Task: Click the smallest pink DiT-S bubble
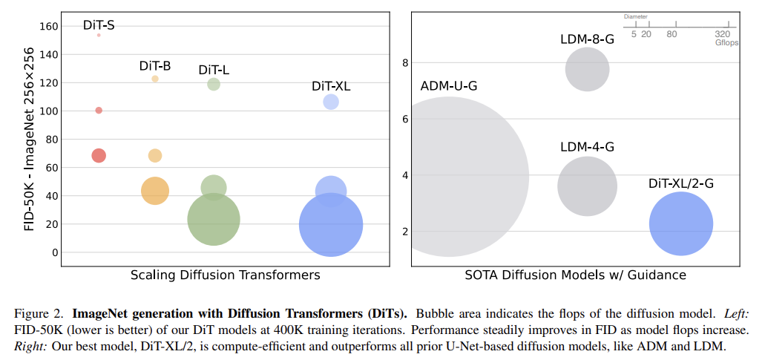[x=99, y=35]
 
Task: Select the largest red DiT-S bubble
[x=99, y=155]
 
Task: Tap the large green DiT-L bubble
[x=214, y=219]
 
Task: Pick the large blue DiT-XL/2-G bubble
[x=680, y=223]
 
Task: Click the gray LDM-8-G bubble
[x=587, y=70]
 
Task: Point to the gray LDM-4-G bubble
[x=587, y=186]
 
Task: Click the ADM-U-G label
[x=448, y=86]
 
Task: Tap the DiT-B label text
[x=155, y=65]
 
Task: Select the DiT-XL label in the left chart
[x=331, y=85]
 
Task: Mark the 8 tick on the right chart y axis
[x=405, y=62]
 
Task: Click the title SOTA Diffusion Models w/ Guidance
[x=575, y=275]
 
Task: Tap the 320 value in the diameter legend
[x=722, y=34]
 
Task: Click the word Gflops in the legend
[x=726, y=43]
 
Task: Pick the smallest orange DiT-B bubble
[x=155, y=79]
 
